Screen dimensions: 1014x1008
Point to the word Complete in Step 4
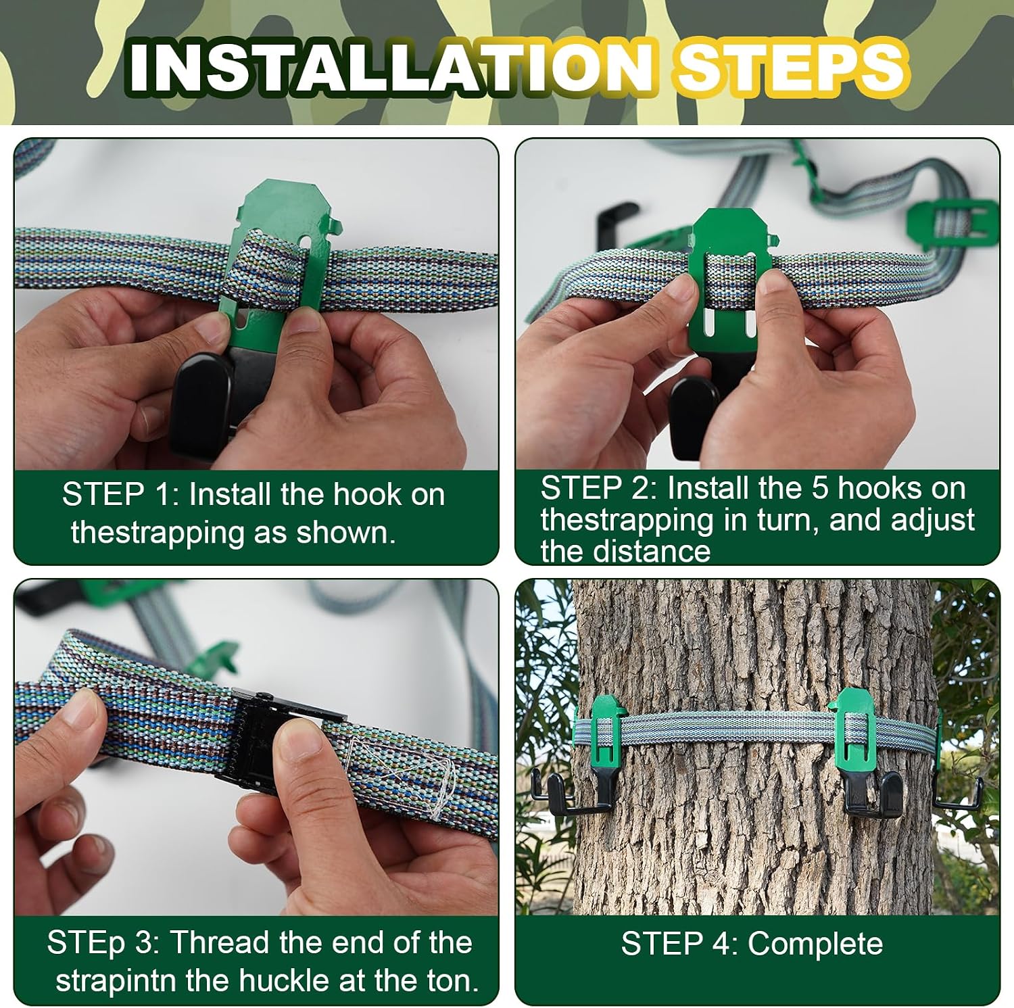coord(815,944)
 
